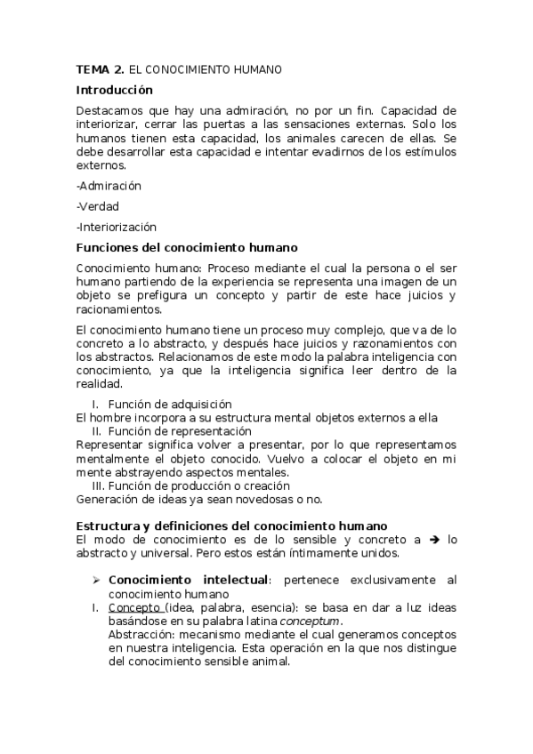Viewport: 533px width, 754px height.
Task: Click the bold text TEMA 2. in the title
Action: [100, 68]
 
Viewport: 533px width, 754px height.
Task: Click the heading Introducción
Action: [115, 90]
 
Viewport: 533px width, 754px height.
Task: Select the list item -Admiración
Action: [109, 187]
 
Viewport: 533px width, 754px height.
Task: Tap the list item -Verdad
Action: [98, 207]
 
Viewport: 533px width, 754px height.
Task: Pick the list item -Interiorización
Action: [117, 227]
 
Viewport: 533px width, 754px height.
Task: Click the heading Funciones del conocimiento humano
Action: [187, 247]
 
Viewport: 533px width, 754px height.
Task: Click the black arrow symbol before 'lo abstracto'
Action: [434, 540]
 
